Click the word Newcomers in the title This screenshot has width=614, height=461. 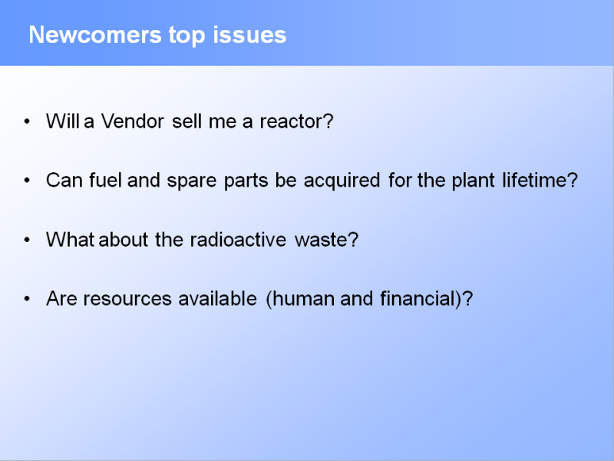[x=95, y=35]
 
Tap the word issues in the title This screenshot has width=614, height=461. [x=249, y=35]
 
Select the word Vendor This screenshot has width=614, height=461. [x=132, y=121]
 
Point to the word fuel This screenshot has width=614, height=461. [x=105, y=181]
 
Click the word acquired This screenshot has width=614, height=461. [x=342, y=181]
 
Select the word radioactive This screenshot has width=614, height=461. [x=238, y=240]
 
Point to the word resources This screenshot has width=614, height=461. [x=127, y=299]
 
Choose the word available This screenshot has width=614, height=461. [x=218, y=298]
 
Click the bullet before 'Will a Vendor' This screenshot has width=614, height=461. [x=27, y=121]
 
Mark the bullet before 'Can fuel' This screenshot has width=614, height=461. [x=27, y=181]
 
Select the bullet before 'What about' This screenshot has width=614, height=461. [x=27, y=240]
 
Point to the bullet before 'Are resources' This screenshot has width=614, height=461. [x=27, y=299]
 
